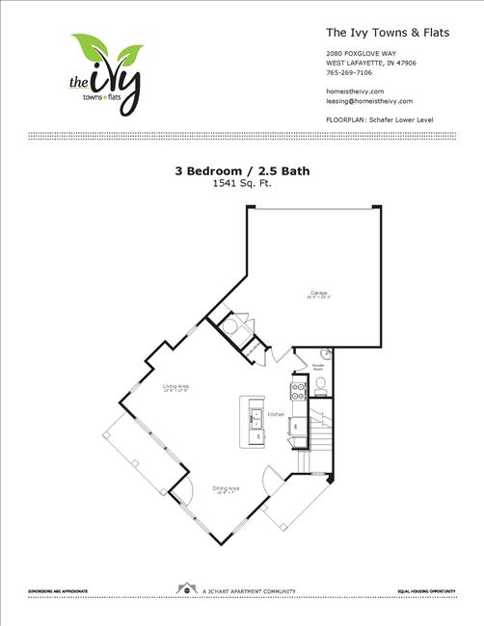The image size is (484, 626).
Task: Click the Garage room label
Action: (319, 293)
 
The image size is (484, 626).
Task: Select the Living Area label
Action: (175, 386)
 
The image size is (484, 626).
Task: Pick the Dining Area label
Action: (226, 489)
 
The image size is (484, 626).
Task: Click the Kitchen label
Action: (276, 414)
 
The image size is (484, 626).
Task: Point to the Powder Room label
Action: (318, 367)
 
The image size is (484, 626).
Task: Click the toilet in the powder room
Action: (321, 386)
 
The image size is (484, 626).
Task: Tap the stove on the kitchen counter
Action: (297, 390)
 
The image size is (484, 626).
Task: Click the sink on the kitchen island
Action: (256, 418)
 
